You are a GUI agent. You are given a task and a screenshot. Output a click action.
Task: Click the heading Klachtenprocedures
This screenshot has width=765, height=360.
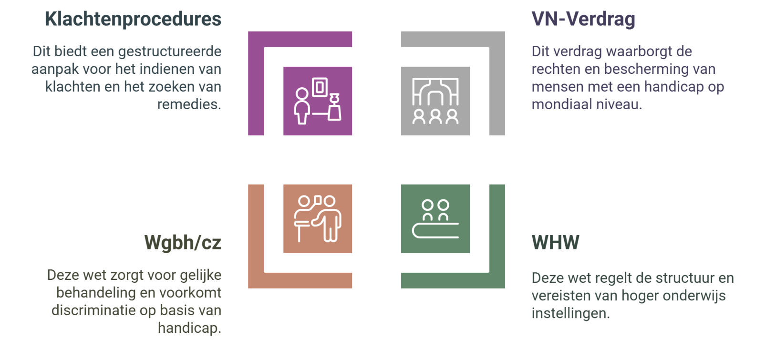133,19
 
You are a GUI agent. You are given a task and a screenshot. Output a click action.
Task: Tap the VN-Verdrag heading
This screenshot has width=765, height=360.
583,19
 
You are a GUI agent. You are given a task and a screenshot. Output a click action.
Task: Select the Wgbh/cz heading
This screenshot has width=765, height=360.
183,243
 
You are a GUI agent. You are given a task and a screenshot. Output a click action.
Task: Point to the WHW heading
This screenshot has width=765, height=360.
555,243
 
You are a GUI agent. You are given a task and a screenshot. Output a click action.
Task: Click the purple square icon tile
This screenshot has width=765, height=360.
318,101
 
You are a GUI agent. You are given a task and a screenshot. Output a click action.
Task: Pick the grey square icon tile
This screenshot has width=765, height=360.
435,101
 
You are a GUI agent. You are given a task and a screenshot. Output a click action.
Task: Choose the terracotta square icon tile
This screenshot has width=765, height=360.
318,218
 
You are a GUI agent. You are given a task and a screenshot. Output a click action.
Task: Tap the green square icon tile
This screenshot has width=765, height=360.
435,218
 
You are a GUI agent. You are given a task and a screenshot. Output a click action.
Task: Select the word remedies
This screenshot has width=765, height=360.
189,104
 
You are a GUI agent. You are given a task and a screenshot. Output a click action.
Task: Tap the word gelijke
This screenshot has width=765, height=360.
201,275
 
